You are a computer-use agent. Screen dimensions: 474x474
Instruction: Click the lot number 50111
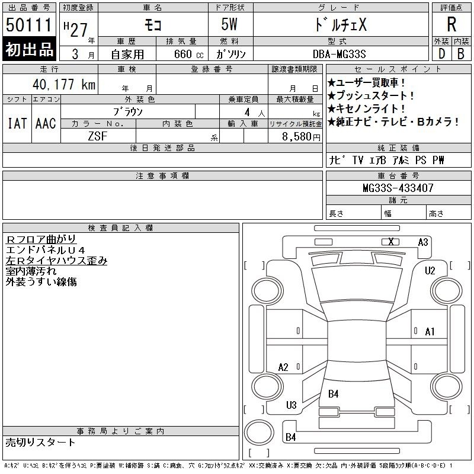[x=28, y=25]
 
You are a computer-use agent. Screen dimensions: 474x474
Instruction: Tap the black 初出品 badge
[x=29, y=49]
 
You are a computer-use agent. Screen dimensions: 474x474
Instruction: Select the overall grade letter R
[x=451, y=24]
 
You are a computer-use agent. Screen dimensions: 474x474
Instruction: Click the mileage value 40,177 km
[x=64, y=84]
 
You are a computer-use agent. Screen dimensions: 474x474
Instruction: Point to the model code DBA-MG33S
[x=339, y=54]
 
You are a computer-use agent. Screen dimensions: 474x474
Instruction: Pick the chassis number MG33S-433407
[x=398, y=188]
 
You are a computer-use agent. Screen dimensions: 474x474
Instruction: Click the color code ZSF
[x=98, y=136]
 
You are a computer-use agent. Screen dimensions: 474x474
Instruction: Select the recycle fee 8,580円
[x=301, y=137]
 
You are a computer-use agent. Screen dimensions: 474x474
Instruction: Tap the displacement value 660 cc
[x=189, y=55]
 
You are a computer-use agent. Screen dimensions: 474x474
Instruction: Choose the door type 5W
[x=229, y=24]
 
